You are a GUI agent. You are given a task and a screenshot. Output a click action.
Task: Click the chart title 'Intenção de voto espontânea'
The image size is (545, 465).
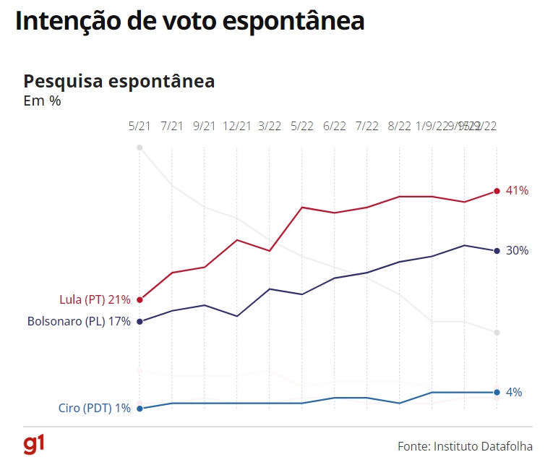pos(189,21)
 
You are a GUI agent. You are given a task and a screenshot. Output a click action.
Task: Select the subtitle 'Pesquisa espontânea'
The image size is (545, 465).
pos(119,81)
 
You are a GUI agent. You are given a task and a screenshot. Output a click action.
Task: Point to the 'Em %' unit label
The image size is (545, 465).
pos(43,101)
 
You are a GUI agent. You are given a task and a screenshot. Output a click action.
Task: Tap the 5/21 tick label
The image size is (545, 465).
pos(140,126)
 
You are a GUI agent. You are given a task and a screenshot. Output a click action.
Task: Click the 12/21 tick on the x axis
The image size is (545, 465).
pos(237,126)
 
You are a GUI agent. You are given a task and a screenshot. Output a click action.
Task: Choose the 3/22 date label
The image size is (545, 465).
pos(270,126)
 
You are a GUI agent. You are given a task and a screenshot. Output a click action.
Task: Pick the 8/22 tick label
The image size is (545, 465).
pos(400,126)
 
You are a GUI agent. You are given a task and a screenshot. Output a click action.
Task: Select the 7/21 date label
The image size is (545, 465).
pos(172,126)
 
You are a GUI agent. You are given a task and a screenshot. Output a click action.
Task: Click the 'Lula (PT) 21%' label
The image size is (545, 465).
pos(95,299)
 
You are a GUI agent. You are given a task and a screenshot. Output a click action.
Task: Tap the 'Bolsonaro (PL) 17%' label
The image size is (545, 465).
pos(79,321)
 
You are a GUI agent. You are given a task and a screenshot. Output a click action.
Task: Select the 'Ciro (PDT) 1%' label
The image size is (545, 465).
pos(95,408)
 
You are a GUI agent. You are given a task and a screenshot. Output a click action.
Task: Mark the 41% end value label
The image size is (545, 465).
pos(518,191)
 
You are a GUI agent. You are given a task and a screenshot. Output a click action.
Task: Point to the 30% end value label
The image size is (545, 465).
pos(518,251)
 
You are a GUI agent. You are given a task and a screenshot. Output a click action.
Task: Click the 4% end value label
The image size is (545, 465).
pos(514,392)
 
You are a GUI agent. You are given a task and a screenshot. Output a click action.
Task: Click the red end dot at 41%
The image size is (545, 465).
pos(497,191)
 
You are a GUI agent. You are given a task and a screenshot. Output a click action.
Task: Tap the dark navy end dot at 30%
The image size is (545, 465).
pos(497,251)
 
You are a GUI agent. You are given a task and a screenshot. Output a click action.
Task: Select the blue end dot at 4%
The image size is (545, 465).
pos(497,392)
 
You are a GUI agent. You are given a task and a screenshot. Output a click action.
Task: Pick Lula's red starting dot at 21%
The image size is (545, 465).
pos(140,299)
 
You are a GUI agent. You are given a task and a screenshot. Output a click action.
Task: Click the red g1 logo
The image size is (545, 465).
pos(34,444)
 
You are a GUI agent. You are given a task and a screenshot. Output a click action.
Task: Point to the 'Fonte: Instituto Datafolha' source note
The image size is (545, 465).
pos(465,445)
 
